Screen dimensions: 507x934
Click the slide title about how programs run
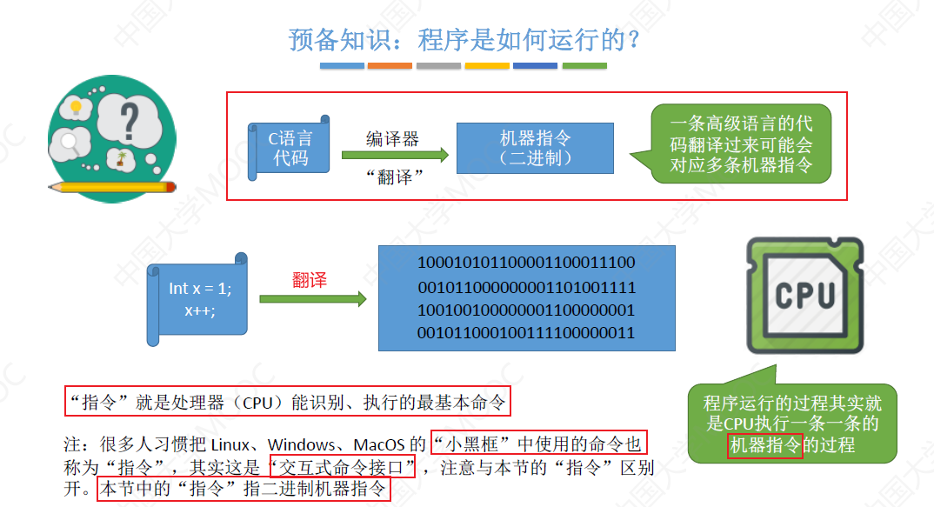[466, 40]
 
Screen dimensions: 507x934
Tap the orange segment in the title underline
[390, 66]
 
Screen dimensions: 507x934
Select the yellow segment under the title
[487, 66]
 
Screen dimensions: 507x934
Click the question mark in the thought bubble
[131, 117]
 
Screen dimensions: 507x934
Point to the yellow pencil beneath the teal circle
[113, 186]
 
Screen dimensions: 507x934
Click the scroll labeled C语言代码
[290, 149]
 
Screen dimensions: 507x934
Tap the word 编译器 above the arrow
[392, 138]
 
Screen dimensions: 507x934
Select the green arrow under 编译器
[395, 156]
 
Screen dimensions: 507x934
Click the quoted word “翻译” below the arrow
[394, 177]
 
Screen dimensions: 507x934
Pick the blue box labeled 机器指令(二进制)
[535, 148]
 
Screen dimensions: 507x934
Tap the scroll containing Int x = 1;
[198, 298]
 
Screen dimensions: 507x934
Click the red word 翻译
[310, 280]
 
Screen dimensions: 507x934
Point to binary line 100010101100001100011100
[526, 263]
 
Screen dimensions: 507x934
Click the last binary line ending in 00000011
[526, 333]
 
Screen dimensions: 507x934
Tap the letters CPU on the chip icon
[804, 295]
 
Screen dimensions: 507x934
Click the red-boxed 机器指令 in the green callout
[764, 445]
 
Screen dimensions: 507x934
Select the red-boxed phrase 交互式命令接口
[343, 466]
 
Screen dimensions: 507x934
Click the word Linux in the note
[232, 444]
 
